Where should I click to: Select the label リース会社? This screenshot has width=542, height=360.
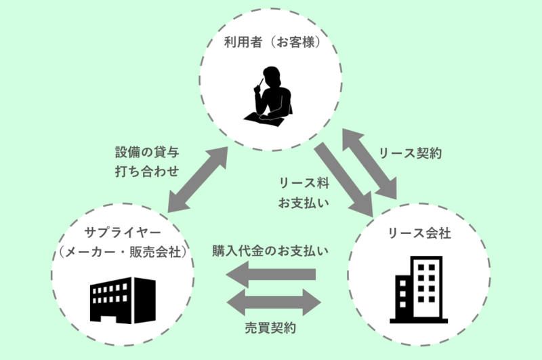[419, 233]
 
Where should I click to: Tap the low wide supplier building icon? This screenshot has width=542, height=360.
[121, 298]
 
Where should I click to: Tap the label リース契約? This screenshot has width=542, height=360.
[410, 153]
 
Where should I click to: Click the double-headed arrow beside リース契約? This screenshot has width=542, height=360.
[369, 163]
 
